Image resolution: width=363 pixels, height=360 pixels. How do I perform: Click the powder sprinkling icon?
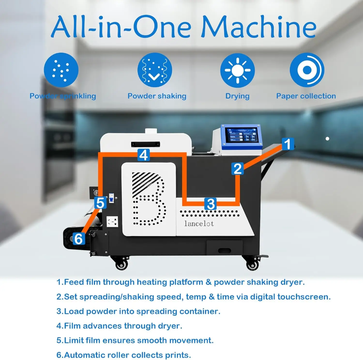[x=61, y=70]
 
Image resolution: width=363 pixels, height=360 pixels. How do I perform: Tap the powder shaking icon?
[x=155, y=70]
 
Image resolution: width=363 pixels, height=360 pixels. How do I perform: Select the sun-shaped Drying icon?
[x=237, y=70]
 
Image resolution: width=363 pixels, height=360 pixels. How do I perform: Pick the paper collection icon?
[x=307, y=70]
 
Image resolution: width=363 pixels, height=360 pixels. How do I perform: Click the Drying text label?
[x=237, y=96]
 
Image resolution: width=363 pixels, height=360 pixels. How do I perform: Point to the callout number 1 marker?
[x=288, y=144]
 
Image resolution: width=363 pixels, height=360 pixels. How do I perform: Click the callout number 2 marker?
[x=238, y=168]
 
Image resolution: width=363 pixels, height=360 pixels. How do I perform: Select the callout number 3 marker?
[x=211, y=204]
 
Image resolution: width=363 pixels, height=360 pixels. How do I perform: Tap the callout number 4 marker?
[x=143, y=155]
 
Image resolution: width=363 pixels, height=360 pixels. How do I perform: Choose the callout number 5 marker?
[x=100, y=203]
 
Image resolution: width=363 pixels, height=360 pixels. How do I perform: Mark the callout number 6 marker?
[x=79, y=238]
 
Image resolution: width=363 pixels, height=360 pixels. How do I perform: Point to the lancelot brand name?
[x=199, y=224]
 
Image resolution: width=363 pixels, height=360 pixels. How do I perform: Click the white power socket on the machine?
[x=112, y=221]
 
